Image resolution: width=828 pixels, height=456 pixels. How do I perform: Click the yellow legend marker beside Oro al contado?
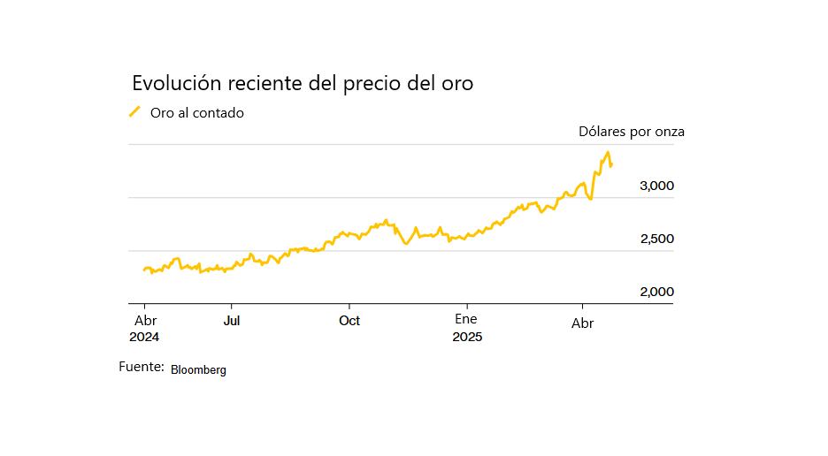pyautogui.click(x=135, y=111)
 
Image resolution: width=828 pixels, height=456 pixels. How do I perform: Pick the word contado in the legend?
pyautogui.click(x=219, y=113)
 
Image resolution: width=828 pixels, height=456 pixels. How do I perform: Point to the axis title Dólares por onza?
pyautogui.click(x=631, y=132)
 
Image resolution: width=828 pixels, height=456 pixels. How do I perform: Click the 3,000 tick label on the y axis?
pyautogui.click(x=656, y=186)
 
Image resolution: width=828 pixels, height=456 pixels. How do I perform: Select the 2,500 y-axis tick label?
pyautogui.click(x=656, y=239)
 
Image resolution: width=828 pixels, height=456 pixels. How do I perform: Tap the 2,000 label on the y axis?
pyautogui.click(x=656, y=292)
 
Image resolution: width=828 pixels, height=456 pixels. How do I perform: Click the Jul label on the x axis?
pyautogui.click(x=231, y=320)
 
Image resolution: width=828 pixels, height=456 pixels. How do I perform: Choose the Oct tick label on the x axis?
pyautogui.click(x=349, y=320)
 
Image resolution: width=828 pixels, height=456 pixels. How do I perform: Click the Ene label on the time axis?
pyautogui.click(x=466, y=319)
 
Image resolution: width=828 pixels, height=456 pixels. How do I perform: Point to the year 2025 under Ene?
pyautogui.click(x=466, y=337)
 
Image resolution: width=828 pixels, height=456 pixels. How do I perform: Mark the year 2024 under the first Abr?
pyautogui.click(x=144, y=337)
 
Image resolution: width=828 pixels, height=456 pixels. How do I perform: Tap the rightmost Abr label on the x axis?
pyautogui.click(x=582, y=323)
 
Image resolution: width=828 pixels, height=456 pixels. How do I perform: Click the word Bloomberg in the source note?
pyautogui.click(x=198, y=370)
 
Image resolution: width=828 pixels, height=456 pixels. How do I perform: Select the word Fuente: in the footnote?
pyautogui.click(x=142, y=366)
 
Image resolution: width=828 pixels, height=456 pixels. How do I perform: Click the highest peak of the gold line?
pyautogui.click(x=607, y=153)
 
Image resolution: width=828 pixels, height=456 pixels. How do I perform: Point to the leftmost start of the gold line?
pyautogui.click(x=143, y=270)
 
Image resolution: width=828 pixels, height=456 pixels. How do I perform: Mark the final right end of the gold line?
pyautogui.click(x=611, y=165)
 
